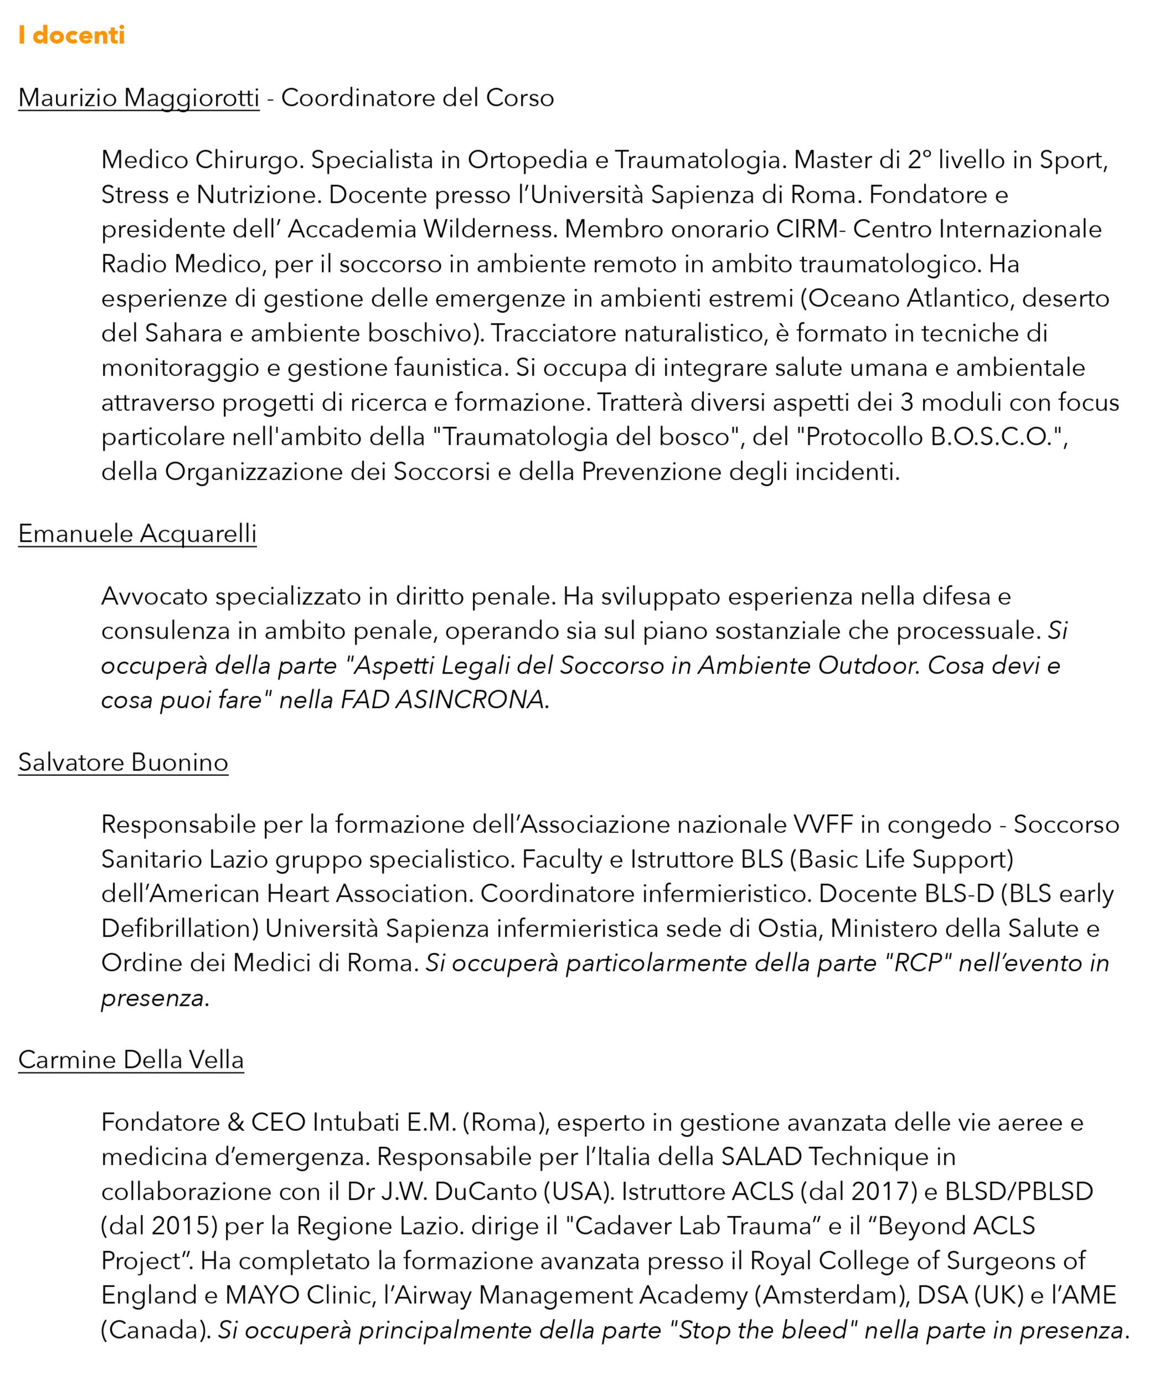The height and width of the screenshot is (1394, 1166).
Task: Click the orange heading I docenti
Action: [71, 35]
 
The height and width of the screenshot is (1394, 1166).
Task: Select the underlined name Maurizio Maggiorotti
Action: [139, 97]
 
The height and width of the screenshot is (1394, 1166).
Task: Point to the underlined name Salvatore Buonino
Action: [123, 762]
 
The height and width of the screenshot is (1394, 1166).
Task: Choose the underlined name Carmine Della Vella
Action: [131, 1059]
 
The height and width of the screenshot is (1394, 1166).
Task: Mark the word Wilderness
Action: [489, 229]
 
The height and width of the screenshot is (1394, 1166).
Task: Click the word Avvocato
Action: [154, 596]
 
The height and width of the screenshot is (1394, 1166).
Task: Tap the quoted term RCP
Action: [918, 963]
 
